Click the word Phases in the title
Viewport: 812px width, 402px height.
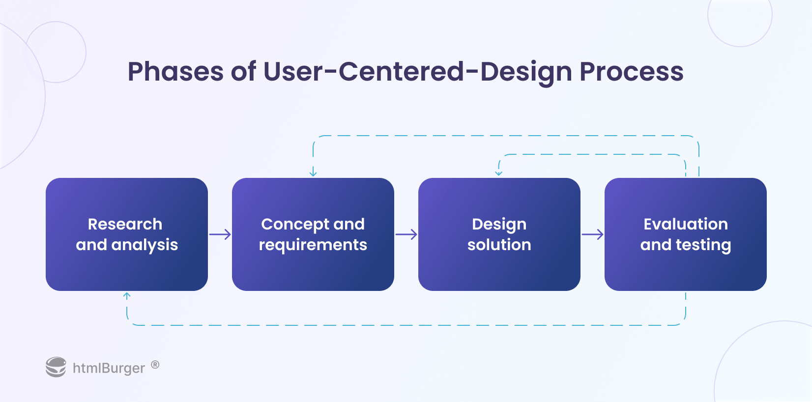click(175, 72)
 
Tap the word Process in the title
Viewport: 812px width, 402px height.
click(631, 72)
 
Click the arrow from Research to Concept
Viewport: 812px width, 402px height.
click(220, 234)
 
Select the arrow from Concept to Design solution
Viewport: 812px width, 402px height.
click(406, 234)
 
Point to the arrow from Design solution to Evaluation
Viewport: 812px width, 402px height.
click(592, 234)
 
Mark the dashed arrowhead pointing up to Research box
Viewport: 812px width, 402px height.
click(127, 296)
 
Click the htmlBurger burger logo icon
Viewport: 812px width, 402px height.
click(56, 367)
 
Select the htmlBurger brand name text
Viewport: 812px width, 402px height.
click(109, 368)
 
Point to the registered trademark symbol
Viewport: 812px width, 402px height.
click(155, 365)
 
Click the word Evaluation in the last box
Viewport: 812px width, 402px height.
click(685, 224)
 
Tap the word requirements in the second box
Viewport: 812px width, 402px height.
click(313, 245)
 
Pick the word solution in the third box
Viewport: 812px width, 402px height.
click(499, 245)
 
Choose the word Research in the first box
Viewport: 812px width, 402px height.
click(125, 224)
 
